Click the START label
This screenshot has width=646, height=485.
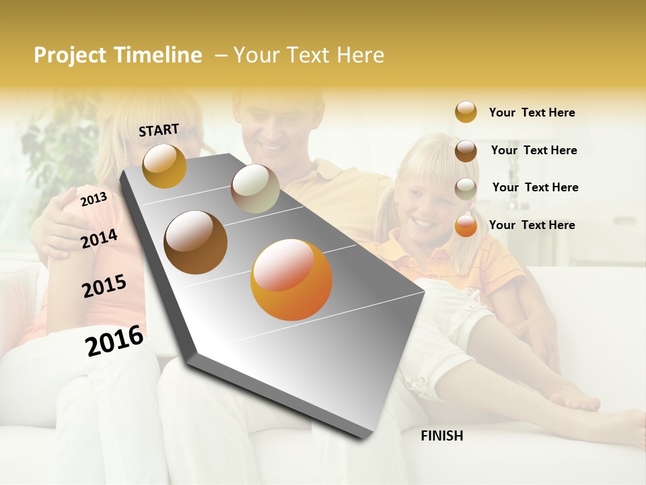tap(159, 130)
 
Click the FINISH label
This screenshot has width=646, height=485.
tap(441, 436)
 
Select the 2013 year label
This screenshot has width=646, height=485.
tap(94, 199)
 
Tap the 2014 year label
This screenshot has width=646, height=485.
tap(99, 238)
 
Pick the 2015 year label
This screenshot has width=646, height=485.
tap(104, 286)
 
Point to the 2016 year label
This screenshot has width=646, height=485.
tap(114, 340)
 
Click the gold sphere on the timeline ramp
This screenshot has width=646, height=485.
tap(164, 166)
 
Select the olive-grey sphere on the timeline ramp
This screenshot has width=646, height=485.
tap(255, 189)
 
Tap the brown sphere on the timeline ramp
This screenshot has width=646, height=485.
tap(196, 243)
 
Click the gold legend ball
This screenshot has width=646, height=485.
tap(466, 112)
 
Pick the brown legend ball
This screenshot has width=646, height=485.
tap(466, 151)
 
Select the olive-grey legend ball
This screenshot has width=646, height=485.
tap(466, 189)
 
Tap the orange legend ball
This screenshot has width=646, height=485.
tap(466, 226)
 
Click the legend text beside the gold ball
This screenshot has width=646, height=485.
tap(532, 112)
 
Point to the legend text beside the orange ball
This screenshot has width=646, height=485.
tap(532, 225)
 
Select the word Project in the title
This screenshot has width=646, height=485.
tap(69, 55)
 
